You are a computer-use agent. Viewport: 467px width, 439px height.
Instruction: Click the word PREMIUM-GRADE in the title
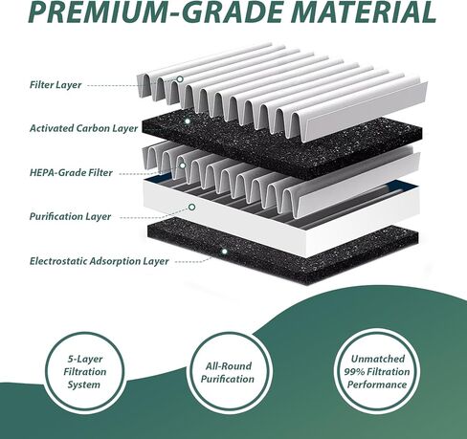pos(156,11)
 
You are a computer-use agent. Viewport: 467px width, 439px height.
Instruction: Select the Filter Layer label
pos(56,85)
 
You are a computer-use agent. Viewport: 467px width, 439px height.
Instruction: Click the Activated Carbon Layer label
pos(83,128)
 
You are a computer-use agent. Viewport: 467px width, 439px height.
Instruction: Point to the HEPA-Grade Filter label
pos(71,172)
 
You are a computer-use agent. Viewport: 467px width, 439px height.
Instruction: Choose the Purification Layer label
pos(70,216)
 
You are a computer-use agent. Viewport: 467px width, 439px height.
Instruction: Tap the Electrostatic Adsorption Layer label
pos(99,261)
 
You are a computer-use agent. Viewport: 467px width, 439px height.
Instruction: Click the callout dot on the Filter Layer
pos(180,78)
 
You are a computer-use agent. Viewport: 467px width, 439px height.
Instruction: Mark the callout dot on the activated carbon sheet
pos(188,121)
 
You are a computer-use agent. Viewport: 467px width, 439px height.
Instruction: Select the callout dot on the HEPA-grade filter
pos(183,165)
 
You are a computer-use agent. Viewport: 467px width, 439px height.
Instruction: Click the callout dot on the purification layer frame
pos(191,207)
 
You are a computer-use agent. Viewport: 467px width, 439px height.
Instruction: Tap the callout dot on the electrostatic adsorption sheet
pos(225,252)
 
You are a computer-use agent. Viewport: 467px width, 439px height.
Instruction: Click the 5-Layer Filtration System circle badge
pos(84,372)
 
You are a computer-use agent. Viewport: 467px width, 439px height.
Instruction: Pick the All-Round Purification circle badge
pos(228,372)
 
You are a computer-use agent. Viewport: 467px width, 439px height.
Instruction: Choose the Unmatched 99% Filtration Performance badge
pos(377,372)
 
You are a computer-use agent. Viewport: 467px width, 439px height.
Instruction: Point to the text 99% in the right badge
pos(354,372)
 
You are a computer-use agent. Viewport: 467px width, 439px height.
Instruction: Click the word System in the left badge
pos(84,384)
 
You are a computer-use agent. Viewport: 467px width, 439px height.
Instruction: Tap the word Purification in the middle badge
pos(228,379)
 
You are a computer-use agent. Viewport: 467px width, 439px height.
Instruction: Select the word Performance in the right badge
pos(377,384)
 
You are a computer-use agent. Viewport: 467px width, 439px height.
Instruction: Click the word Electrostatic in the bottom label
pos(58,261)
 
